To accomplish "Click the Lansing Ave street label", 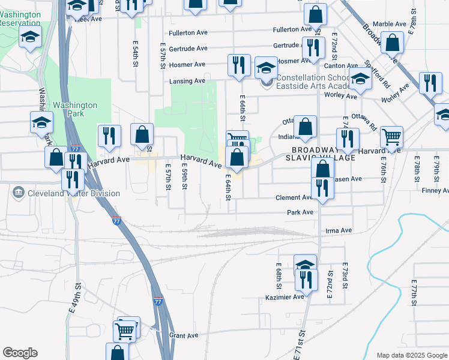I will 187,81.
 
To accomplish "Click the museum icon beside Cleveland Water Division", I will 18,193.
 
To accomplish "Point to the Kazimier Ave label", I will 285,297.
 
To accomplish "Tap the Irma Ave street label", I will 337,230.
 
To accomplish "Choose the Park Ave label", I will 300,212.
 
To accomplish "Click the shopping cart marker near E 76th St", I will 391,136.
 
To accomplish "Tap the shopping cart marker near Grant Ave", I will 126,329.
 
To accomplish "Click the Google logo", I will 20,353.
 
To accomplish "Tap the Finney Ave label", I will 435,191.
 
